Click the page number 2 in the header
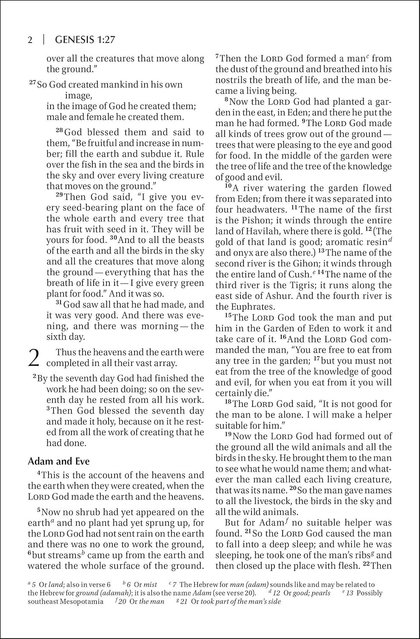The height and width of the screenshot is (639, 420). point(30,40)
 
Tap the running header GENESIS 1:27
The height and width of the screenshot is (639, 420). point(86,40)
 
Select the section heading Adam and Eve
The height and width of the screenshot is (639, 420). point(59,461)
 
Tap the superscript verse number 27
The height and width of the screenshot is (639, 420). point(33,82)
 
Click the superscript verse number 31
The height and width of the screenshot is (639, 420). point(60,303)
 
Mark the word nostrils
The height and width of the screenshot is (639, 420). point(232,80)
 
